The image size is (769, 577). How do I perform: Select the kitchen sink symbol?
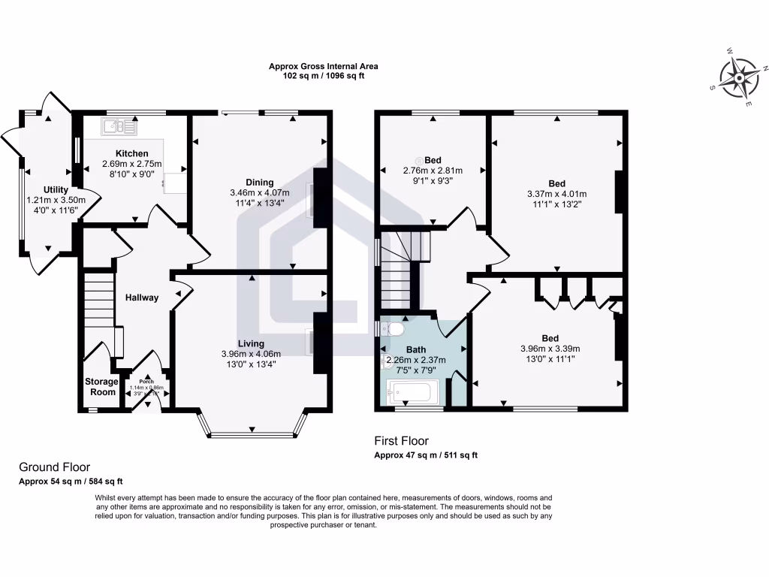[x=120, y=126]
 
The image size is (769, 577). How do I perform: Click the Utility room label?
[x=56, y=189]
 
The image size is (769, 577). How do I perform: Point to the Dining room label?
[x=259, y=183]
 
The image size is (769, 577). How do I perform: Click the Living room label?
[x=251, y=343]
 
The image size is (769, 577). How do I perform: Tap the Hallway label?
[x=142, y=298]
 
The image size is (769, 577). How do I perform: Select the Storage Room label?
[x=101, y=387]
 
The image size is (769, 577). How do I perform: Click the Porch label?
[x=146, y=382]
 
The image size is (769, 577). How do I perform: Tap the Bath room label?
[x=416, y=349]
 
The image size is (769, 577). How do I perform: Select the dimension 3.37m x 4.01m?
[x=556, y=194]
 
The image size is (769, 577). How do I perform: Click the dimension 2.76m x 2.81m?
[x=433, y=171]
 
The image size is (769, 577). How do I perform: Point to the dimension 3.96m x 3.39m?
[x=550, y=349]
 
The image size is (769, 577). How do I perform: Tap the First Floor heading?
[x=402, y=441]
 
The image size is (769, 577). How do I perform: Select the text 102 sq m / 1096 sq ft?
[x=324, y=76]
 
